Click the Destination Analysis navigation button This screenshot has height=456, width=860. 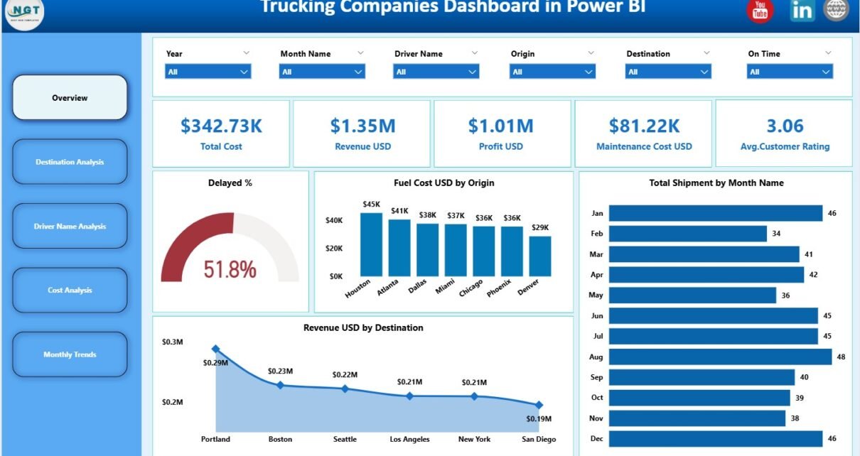(70, 162)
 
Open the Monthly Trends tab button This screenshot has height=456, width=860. (70, 354)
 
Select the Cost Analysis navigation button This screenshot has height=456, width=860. (70, 290)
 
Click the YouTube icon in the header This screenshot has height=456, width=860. (760, 10)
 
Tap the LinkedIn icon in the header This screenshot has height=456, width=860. (802, 10)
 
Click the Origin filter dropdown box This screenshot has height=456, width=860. (552, 72)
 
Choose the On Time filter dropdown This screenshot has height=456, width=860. (789, 72)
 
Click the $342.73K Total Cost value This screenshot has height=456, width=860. (221, 126)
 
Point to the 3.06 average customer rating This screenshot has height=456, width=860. (785, 126)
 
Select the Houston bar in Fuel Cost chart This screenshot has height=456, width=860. (371, 244)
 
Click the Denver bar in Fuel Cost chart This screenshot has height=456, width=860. (540, 256)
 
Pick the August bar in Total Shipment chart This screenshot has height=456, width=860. (720, 357)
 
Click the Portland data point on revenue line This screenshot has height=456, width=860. (215, 349)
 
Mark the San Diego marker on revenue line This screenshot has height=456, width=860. (539, 405)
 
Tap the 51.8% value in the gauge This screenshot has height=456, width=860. (230, 269)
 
